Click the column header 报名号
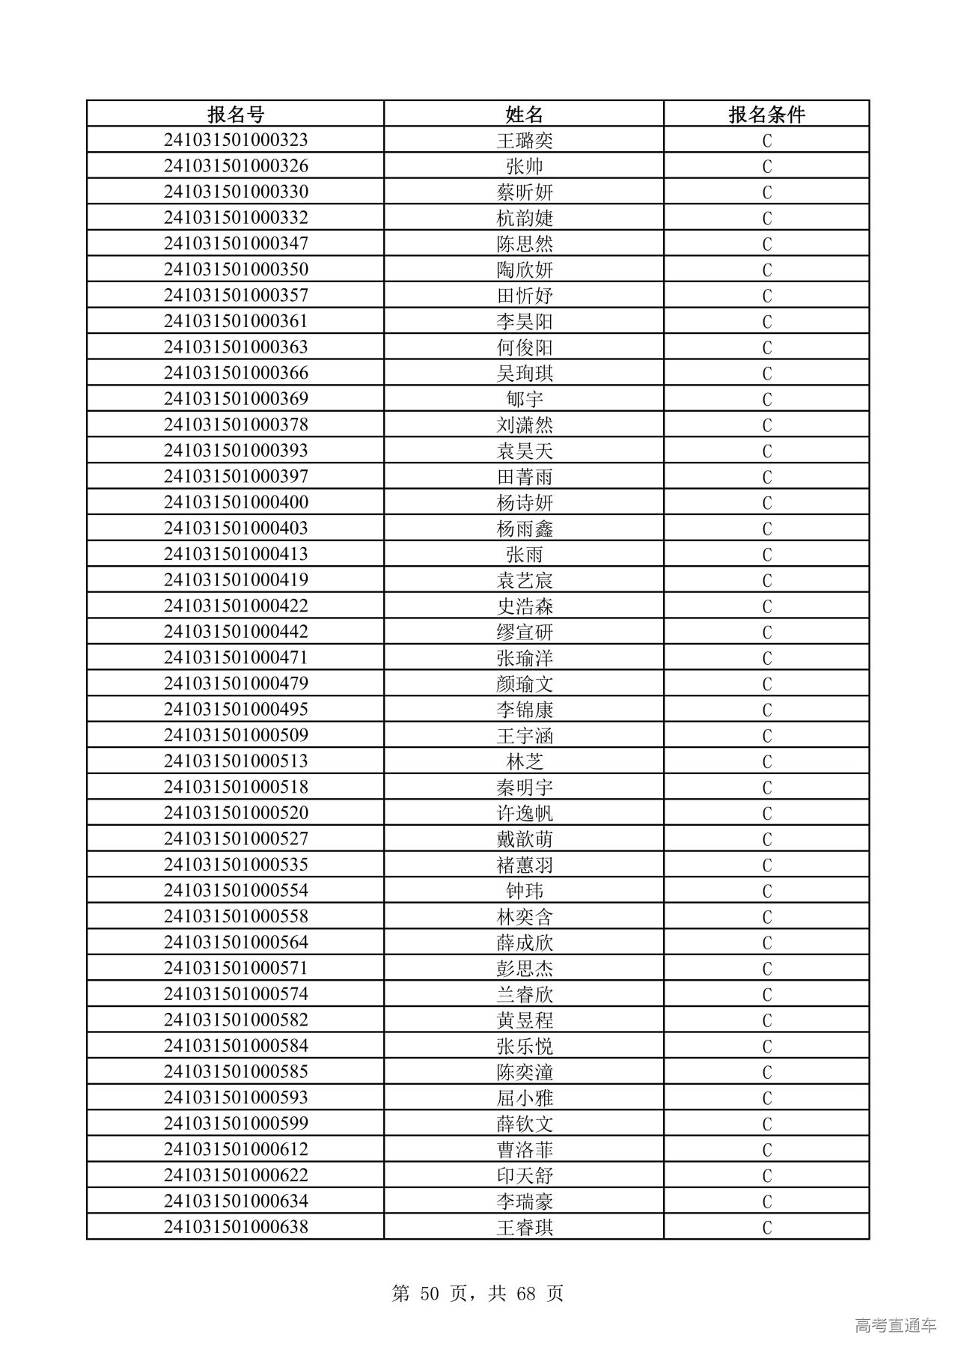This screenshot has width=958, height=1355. coord(236,114)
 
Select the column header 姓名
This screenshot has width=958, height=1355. coord(524,114)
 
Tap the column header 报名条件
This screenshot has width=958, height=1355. coord(766,114)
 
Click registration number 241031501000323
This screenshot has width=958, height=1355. coord(236,140)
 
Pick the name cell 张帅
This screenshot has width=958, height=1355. coord(524,166)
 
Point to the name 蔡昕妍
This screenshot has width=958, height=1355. coord(524,192)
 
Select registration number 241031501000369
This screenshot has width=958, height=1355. coord(236,398)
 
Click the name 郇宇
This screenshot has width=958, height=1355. coord(524,399)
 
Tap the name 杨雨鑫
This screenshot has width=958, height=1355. coord(524,529)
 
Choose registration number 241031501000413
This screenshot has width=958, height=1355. coord(236,554)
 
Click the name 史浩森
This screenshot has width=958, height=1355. coord(524,606)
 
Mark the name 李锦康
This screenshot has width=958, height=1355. coord(524,710)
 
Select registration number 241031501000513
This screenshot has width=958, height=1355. coord(236,761)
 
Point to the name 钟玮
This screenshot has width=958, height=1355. coord(524,891)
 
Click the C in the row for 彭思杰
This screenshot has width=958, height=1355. coord(766,969)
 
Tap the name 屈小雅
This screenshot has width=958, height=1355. coord(524,1098)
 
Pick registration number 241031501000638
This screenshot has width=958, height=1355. coord(236,1227)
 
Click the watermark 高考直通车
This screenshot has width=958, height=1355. coord(895,1326)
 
